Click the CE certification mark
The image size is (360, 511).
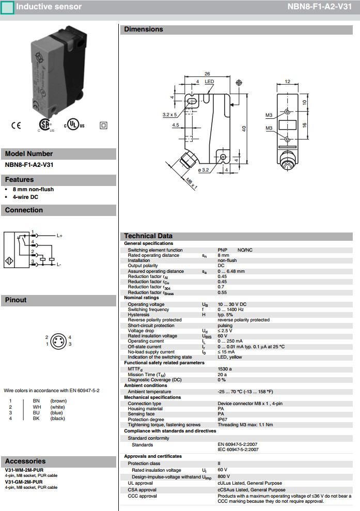tap(15, 126)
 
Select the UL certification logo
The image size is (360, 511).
tap(73, 126)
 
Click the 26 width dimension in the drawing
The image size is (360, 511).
tap(206, 74)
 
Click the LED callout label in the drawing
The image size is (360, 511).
tap(209, 82)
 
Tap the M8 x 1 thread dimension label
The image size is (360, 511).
tap(192, 183)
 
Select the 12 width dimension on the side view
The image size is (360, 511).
tap(288, 81)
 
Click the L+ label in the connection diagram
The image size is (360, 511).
tap(59, 236)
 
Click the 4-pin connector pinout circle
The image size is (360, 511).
tap(58, 340)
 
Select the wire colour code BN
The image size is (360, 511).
tap(36, 400)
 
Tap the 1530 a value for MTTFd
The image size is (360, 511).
tap(225, 369)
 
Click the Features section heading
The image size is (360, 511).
tap(19, 180)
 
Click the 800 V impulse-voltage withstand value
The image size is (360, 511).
tap(224, 477)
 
